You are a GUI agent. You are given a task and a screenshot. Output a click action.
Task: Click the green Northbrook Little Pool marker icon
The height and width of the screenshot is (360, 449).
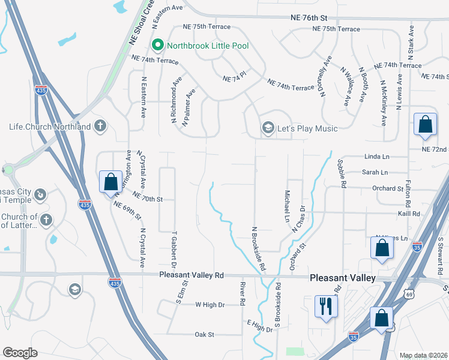158,44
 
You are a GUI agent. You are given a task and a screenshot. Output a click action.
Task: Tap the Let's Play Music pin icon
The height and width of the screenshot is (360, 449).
268,128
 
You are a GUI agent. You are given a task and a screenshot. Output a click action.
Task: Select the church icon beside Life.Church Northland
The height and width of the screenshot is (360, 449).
100,126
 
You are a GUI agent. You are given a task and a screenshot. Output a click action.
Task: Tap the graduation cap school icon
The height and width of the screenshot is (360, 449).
74,290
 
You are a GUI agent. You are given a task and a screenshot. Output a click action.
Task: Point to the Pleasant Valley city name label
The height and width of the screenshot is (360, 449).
343,278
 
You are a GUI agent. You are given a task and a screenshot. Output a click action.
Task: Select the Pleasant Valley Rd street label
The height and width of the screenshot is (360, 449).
191,275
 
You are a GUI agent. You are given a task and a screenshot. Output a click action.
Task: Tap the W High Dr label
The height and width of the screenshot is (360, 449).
209,305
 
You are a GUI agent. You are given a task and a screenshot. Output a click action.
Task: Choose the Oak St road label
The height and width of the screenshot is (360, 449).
204,334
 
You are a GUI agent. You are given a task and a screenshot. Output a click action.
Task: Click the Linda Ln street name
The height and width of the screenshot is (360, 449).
376,157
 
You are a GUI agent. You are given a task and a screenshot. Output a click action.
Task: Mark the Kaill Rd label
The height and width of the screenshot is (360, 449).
408,213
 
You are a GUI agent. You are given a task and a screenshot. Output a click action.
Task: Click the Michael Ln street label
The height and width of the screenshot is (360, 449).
287,205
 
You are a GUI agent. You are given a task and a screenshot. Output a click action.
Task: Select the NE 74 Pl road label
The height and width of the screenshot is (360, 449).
235,79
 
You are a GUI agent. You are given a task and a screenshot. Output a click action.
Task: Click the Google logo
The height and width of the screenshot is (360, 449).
20,353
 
